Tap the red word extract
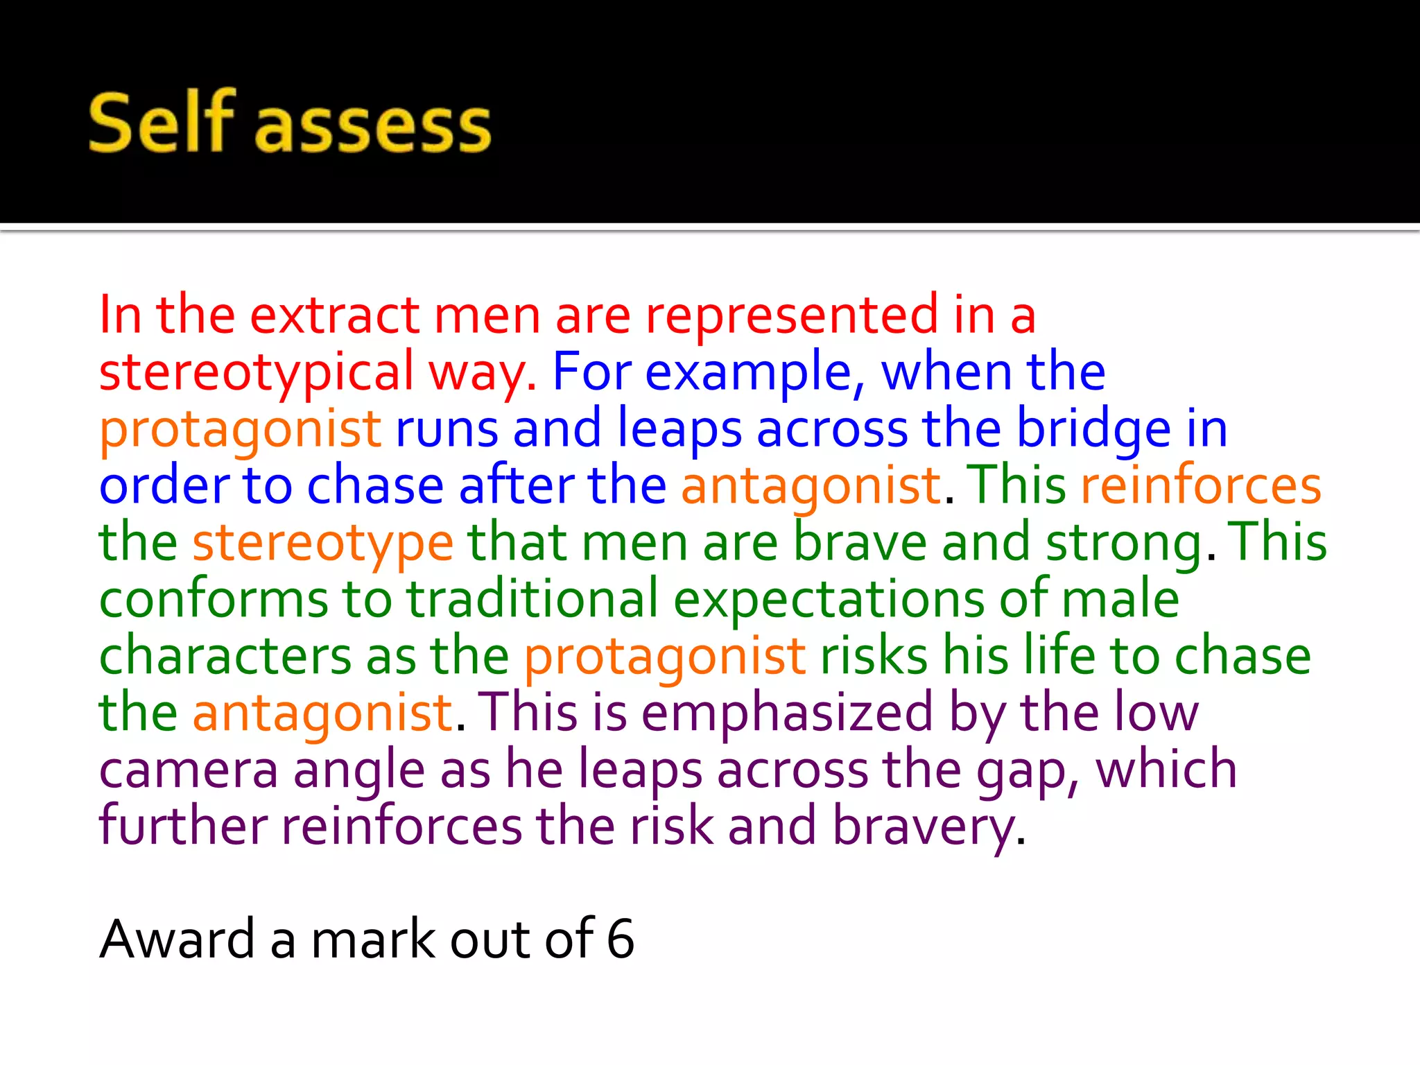(334, 315)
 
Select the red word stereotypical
(257, 372)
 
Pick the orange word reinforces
(1201, 485)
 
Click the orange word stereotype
(323, 543)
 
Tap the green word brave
(860, 543)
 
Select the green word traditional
(532, 599)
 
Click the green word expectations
(828, 599)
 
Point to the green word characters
(225, 656)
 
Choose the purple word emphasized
(787, 713)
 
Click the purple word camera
(188, 770)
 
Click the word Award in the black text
(177, 940)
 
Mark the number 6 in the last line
(620, 940)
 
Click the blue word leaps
(679, 429)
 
